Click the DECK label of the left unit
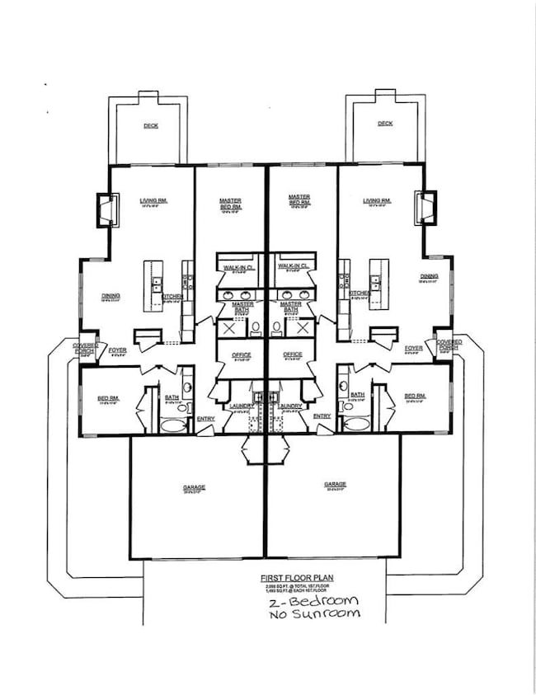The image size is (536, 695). coord(150,125)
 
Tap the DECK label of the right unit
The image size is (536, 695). coord(385,124)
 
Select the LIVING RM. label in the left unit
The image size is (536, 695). coord(154,200)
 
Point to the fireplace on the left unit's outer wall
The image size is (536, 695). coord(105,210)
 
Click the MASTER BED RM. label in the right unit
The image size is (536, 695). coord(299,200)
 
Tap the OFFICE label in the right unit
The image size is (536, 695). coord(293,355)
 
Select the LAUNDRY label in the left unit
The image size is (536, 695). coord(241,406)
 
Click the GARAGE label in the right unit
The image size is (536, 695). coord(335,485)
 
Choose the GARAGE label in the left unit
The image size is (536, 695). coord(195,487)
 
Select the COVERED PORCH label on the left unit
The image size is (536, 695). coord(86,347)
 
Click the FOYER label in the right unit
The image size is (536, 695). coord(414,348)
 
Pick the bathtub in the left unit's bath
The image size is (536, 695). coord(172,425)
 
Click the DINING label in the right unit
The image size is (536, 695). coord(428,277)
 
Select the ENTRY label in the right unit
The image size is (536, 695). coord(322,416)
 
